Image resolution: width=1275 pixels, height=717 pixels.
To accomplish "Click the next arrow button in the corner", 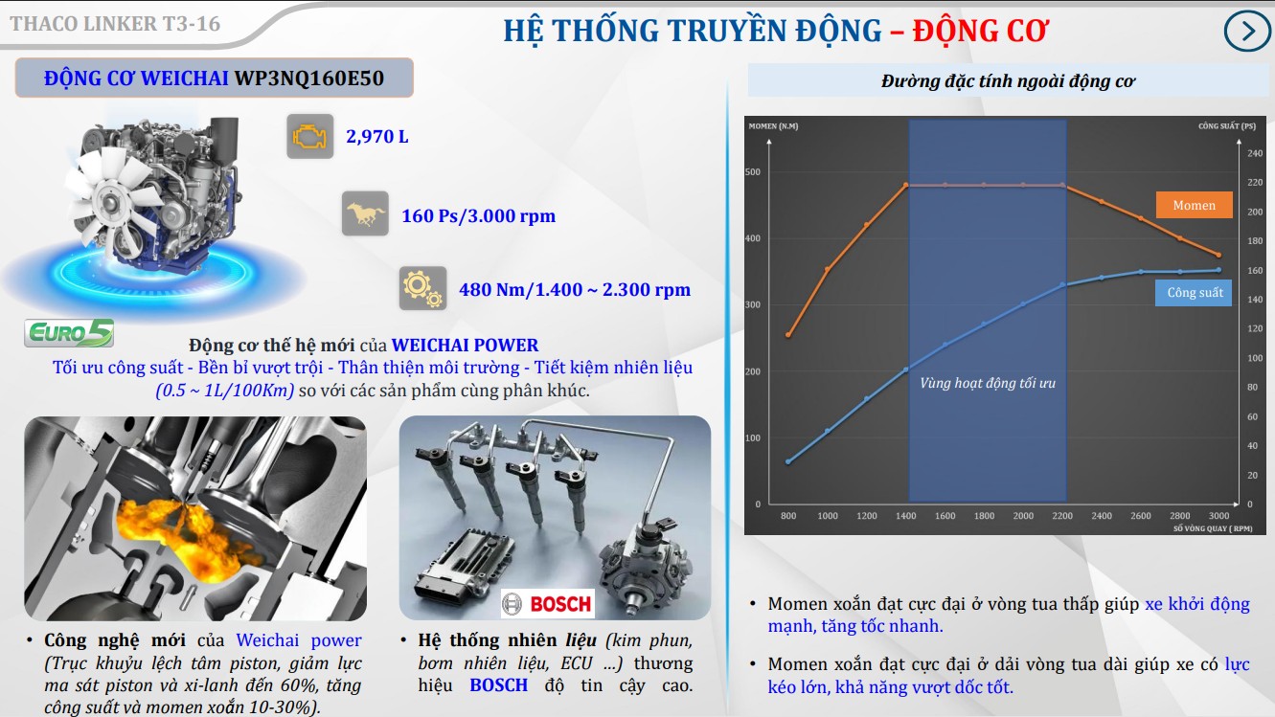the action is pos(1246,31).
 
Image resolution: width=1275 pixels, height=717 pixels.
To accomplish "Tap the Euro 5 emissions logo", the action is pos(69,332).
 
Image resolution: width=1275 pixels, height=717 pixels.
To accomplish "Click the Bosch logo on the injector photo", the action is pos(548,603).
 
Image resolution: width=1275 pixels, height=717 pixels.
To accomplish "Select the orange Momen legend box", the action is pos(1195,205).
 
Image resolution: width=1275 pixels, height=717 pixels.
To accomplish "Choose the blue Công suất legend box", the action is pos(1194,292).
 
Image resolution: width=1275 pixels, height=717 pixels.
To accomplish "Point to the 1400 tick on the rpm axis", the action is pos(905,516).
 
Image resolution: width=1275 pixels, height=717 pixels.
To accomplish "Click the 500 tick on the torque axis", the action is pos(753,171).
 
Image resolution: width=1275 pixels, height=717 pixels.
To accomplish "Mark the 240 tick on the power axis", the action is pos(1255,153).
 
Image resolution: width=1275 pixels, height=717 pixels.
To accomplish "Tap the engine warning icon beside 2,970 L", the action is pos(310,137).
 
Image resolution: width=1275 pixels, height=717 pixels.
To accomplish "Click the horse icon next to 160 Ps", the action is pos(365,213).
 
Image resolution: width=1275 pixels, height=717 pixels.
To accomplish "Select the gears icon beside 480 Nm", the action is pos(422,288).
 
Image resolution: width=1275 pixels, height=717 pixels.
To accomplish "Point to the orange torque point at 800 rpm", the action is pos(788,335).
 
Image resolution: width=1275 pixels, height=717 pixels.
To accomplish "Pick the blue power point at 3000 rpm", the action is pos(1218,270).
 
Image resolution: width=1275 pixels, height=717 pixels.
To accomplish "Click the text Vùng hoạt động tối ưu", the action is pos(988,383).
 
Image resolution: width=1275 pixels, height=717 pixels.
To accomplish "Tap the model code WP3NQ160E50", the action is pos(309,78).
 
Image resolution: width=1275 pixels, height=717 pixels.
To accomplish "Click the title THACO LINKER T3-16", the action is pos(115,24).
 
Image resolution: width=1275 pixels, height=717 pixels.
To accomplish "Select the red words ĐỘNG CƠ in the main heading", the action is pos(980,30).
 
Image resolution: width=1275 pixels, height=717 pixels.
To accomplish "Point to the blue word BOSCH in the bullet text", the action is pos(499,685).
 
